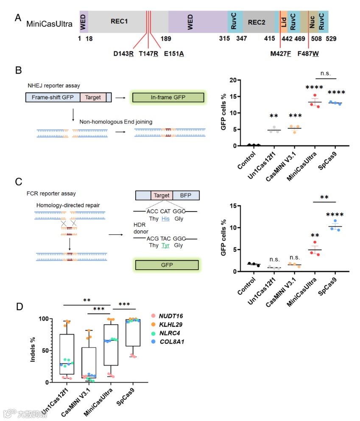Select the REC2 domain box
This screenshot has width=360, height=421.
(x=259, y=21)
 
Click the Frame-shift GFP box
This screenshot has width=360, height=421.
(x=53, y=97)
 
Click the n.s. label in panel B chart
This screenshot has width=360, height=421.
(x=326, y=73)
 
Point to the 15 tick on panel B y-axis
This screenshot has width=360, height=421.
(x=231, y=96)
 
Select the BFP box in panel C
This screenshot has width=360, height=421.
(x=186, y=195)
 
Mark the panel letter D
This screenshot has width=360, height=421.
(x=18, y=306)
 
